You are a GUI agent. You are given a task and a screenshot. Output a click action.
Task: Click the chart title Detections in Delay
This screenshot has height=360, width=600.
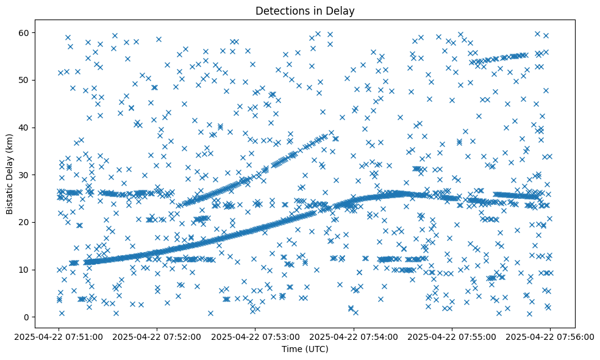pos(305,10)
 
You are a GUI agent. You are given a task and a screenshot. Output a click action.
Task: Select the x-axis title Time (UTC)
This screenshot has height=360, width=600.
pos(305,349)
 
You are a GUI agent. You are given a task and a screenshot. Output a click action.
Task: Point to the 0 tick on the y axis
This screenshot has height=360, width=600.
pos(27,317)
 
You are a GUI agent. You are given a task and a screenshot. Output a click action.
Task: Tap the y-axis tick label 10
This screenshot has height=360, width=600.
pos(24,270)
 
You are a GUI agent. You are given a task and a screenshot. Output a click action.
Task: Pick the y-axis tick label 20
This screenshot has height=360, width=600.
pos(24,222)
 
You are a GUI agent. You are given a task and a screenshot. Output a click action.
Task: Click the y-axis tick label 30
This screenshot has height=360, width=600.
pos(24,175)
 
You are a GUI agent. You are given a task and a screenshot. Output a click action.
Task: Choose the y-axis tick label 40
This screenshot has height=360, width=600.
pos(24,128)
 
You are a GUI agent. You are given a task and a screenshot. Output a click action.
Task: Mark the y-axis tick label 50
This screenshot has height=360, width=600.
pos(24,80)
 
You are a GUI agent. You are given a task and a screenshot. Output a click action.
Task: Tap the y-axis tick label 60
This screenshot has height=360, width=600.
pos(24,32)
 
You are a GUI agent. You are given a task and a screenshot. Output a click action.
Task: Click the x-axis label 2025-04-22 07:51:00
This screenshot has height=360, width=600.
pos(59,336)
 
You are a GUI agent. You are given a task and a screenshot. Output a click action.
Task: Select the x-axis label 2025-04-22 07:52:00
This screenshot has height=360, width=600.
pos(157,336)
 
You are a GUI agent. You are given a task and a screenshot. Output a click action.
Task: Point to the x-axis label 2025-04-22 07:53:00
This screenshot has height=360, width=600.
pos(255,336)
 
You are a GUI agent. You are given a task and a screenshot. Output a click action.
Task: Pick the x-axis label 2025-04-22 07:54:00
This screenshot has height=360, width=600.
pos(354,336)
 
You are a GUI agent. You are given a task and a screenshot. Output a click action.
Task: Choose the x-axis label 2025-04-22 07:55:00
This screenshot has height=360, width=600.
pos(452,336)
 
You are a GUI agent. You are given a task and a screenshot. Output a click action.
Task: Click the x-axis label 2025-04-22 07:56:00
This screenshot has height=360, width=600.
pos(550,336)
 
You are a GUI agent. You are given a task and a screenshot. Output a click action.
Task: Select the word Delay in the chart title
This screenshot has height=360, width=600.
pos(341,10)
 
